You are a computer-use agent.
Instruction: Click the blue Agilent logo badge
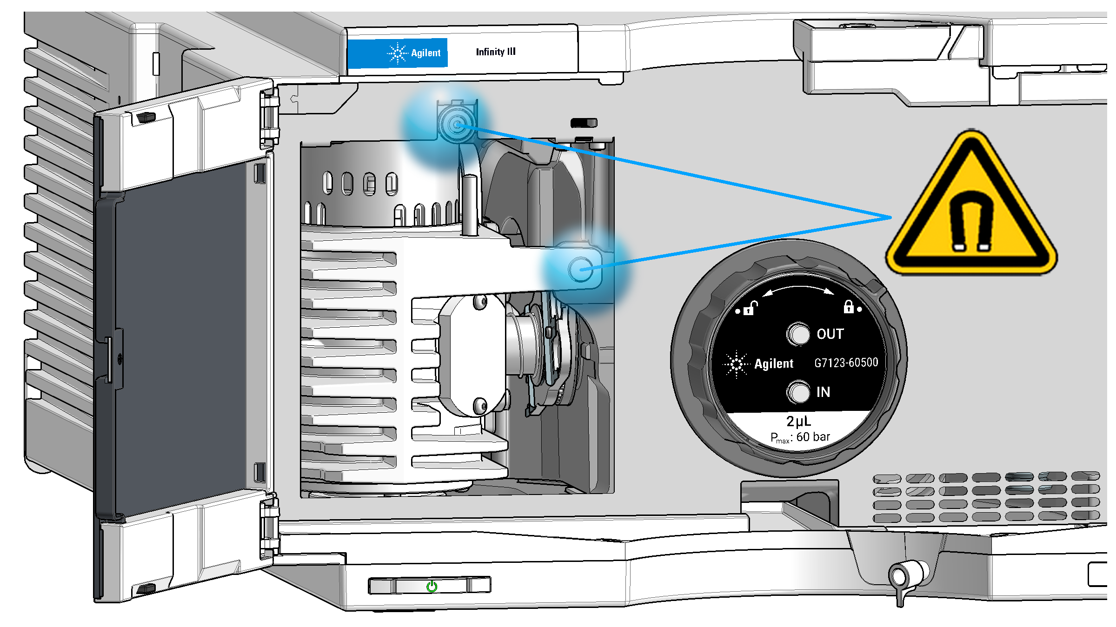tap(398, 53)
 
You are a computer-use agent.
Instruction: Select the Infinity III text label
tap(496, 52)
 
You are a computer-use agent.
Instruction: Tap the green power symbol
tap(432, 586)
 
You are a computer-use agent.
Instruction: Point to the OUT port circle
tap(798, 334)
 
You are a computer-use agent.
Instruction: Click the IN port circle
tap(798, 392)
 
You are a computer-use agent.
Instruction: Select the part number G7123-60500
tap(846, 363)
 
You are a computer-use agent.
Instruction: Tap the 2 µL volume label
tap(798, 421)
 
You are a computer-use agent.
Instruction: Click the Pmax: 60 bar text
tap(800, 437)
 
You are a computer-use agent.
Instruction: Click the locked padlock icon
tap(849, 307)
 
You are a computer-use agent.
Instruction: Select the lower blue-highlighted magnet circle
tap(580, 269)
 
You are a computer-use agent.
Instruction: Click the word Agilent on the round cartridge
tap(773, 363)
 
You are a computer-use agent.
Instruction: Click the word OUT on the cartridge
tap(830, 334)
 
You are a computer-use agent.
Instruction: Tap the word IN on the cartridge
tap(823, 392)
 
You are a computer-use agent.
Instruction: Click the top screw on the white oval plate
tap(480, 303)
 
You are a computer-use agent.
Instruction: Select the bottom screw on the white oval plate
tap(480, 406)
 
